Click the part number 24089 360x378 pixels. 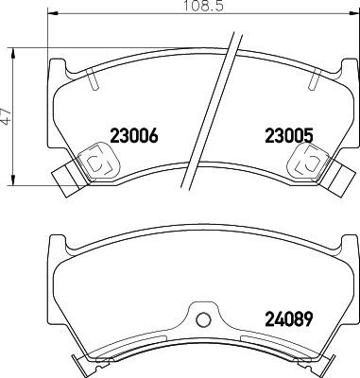[x=286, y=318]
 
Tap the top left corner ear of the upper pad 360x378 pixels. [x=56, y=68]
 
